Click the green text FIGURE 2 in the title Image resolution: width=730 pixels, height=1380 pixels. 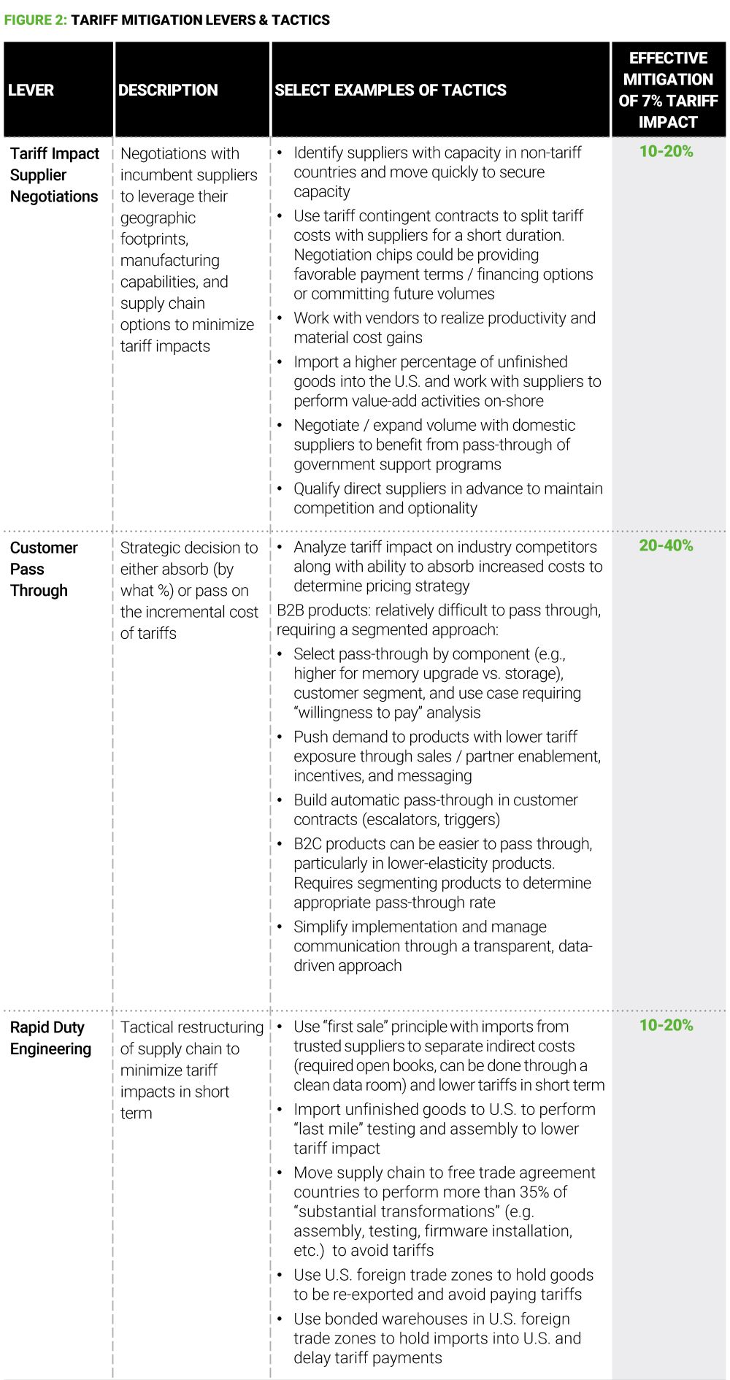point(35,20)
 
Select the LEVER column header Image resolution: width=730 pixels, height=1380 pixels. point(31,90)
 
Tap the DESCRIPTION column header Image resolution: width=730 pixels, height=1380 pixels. point(168,90)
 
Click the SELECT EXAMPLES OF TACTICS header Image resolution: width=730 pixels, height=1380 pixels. point(390,90)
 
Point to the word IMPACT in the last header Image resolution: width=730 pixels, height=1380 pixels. point(668,122)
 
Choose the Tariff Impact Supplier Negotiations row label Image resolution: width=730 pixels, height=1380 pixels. point(54,175)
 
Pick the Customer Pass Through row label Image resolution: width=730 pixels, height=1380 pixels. point(44,569)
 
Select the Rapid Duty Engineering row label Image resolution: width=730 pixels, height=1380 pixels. point(50,1038)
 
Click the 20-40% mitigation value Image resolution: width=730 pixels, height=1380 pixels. point(666,545)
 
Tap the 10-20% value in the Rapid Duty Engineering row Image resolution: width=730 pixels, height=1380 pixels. point(666,1025)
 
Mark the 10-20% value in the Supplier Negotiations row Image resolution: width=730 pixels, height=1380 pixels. point(666,151)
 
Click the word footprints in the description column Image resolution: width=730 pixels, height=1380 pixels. point(153,239)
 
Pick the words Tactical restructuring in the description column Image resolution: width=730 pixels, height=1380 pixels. point(191,1027)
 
